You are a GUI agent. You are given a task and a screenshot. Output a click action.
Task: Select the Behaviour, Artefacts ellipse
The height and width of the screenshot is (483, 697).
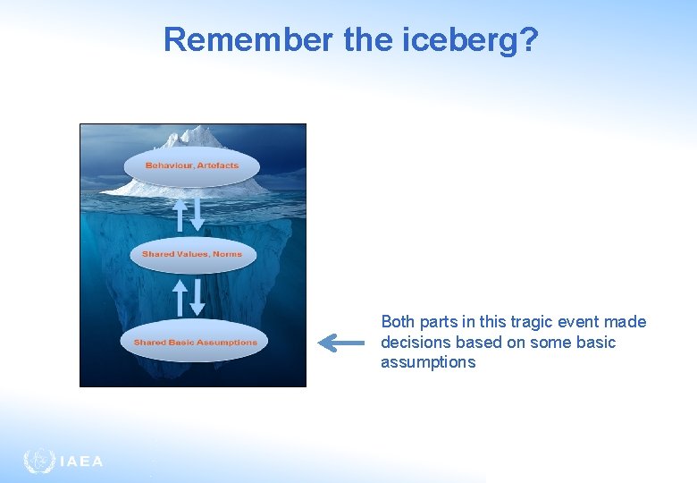point(192,166)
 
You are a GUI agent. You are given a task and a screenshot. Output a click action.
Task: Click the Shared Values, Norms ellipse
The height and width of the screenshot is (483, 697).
point(192,254)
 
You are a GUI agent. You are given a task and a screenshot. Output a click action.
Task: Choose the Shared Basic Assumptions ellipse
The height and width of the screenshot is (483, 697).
point(195,343)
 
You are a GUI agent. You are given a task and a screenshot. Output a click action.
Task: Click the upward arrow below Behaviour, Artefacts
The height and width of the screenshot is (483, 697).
point(180,215)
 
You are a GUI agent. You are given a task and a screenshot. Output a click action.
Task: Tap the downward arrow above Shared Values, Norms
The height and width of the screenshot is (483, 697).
point(198,215)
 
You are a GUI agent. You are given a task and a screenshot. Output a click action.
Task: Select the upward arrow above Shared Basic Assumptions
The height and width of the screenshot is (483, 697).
point(180,297)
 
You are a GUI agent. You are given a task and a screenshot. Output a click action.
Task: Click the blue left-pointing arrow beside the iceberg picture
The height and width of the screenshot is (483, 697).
point(341,343)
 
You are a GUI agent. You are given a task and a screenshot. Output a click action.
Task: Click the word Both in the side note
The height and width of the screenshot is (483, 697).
point(398,322)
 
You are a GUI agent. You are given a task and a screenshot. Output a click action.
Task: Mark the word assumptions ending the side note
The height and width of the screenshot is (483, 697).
point(428,362)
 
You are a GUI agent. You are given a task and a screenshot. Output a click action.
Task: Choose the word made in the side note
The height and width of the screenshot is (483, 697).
point(626,322)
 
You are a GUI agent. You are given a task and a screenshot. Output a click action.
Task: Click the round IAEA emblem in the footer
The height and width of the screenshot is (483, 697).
point(39,461)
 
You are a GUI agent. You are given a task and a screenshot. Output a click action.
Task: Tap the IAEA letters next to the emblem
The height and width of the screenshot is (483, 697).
point(81,462)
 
